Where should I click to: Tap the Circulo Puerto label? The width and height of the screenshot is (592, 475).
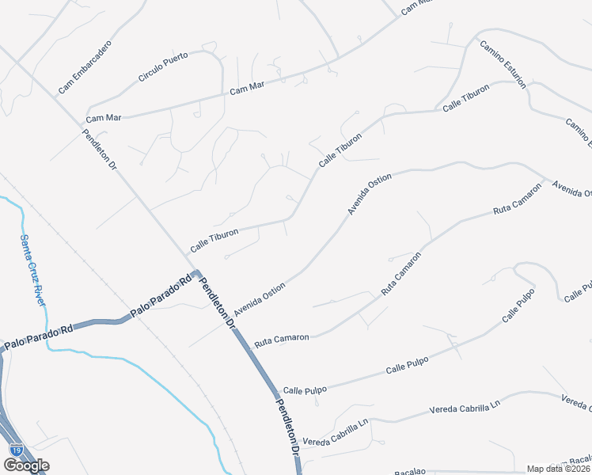click(163, 67)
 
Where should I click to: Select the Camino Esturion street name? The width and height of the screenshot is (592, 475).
click(503, 64)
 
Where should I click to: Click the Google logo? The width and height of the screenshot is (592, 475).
click(26, 465)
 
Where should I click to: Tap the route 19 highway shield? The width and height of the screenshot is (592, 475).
click(15, 450)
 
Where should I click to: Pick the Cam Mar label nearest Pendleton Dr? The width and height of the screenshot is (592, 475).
click(104, 118)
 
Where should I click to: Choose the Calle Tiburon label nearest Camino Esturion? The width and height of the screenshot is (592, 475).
click(466, 101)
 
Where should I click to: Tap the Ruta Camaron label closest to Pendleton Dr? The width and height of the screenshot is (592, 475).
click(282, 338)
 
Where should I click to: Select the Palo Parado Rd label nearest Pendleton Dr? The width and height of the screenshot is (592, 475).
click(161, 294)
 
